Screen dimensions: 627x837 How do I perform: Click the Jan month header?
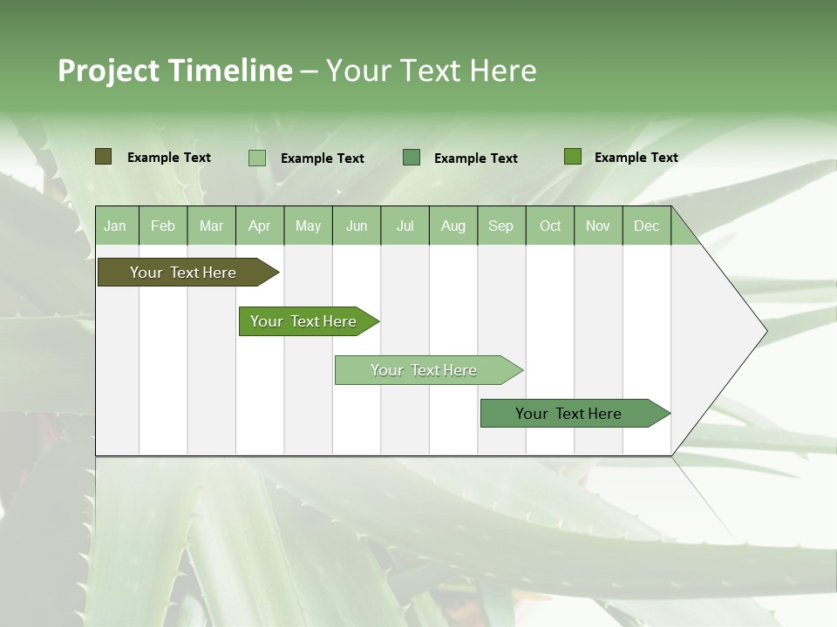(116, 226)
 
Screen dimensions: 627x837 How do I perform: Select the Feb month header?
(163, 226)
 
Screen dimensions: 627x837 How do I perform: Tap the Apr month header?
(260, 226)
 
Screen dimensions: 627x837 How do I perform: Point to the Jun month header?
(357, 226)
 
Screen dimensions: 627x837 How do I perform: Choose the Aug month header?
(453, 226)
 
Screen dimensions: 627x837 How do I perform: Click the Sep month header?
(501, 226)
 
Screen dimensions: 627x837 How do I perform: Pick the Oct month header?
(550, 226)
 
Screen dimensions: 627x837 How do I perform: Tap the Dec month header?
(647, 226)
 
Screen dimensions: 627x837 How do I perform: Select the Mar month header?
(211, 226)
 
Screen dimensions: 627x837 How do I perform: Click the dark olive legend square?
(103, 157)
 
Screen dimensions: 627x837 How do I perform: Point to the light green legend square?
(257, 158)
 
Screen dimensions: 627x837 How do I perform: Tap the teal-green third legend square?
(412, 158)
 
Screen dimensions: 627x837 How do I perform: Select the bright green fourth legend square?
(573, 157)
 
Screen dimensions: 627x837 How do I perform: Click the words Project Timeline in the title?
(174, 71)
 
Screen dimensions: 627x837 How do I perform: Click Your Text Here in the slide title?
(431, 71)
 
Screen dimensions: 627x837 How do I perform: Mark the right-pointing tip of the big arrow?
(766, 330)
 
